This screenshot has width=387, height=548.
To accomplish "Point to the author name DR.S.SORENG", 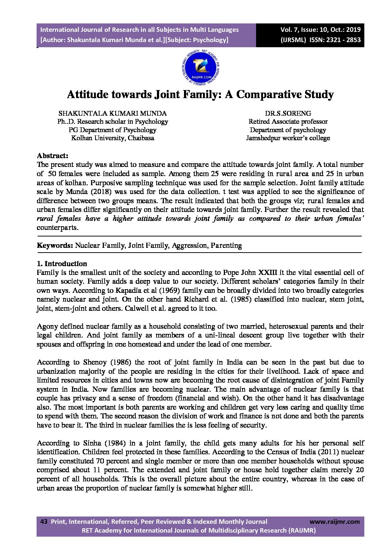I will tap(288, 113).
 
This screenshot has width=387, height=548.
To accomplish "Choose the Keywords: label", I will tap(55, 246).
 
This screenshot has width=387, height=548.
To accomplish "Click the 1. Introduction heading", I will tap(62, 264).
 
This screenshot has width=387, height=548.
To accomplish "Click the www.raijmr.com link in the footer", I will tap(334, 522).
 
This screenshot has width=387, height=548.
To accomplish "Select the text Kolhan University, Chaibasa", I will tap(112, 138).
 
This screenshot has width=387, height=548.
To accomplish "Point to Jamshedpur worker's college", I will tap(288, 138).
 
